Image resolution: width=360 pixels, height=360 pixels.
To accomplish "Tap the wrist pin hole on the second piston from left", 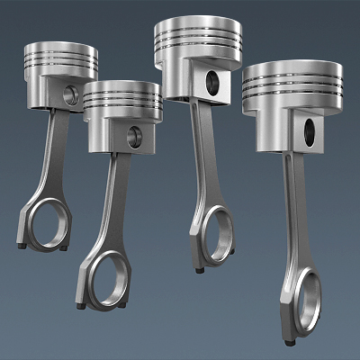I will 134,137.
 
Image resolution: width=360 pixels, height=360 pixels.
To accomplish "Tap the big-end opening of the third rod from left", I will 217,236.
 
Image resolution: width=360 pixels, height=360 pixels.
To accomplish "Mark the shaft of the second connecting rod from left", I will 114,202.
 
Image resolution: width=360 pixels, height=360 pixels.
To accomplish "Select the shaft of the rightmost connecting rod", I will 295,211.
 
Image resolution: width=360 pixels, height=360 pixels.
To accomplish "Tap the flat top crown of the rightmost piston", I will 292,67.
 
